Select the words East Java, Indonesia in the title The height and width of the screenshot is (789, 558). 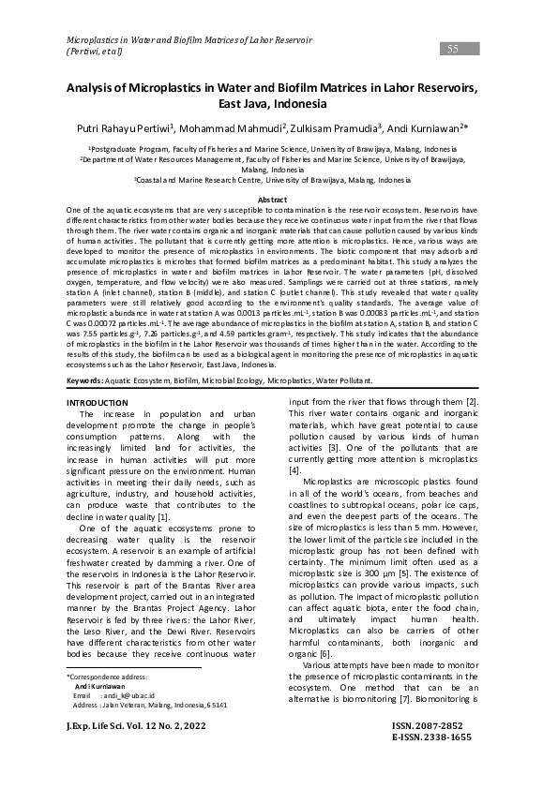click(279, 104)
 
